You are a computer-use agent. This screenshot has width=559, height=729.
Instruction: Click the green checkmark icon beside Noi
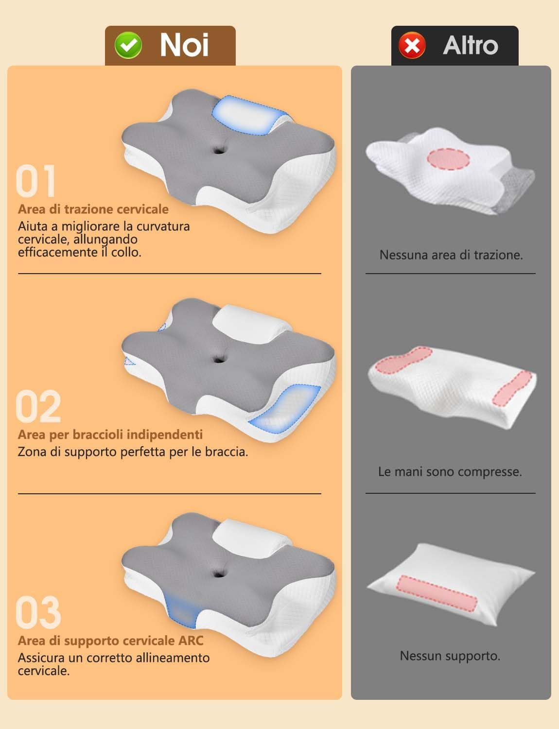click(x=128, y=46)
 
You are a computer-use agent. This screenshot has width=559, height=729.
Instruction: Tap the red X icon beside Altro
click(x=412, y=46)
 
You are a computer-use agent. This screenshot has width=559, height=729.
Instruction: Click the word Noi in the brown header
click(x=184, y=45)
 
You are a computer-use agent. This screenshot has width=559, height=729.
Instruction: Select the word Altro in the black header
click(x=470, y=45)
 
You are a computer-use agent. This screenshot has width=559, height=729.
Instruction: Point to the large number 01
click(x=36, y=181)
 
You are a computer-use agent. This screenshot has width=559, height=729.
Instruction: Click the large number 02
click(x=38, y=407)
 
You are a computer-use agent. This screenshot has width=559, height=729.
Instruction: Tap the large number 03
click(x=38, y=612)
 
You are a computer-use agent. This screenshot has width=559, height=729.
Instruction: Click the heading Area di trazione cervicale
click(x=93, y=209)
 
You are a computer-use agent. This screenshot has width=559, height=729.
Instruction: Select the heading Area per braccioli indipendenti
click(x=110, y=434)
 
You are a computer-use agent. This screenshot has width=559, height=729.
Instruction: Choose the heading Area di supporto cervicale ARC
click(x=111, y=641)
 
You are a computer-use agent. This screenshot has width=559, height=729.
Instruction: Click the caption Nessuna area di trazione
click(x=451, y=255)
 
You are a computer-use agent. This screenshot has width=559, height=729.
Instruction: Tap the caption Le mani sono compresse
click(x=450, y=471)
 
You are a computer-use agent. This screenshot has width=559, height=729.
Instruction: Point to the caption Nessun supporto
click(x=450, y=656)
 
